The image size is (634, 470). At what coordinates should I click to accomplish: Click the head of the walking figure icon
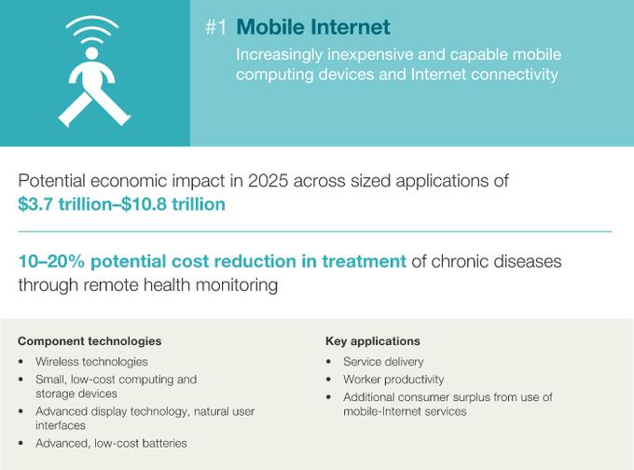91,54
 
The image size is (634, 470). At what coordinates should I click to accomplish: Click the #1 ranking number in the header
215,27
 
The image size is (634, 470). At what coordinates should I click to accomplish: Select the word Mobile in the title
270,27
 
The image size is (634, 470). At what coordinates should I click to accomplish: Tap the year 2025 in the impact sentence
268,181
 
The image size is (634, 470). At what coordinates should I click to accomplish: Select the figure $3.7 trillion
64,204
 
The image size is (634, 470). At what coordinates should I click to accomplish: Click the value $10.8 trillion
173,204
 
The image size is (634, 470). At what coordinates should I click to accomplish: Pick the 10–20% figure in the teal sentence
51,261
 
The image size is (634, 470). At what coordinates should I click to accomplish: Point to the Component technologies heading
90,341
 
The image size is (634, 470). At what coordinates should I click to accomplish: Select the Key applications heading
372,341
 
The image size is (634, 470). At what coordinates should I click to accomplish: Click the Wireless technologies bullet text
91,362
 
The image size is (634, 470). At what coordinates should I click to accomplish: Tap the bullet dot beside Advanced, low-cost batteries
21,444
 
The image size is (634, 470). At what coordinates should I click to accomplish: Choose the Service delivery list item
383,362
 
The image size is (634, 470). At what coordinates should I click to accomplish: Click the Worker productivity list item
393,380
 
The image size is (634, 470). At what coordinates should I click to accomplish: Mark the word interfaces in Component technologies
61,425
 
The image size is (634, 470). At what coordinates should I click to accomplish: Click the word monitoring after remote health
237,284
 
